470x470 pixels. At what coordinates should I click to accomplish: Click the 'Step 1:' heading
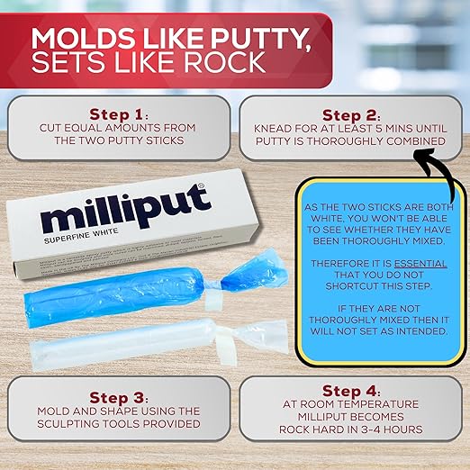tap(120, 115)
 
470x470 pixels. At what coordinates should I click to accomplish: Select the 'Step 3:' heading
tap(120, 397)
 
